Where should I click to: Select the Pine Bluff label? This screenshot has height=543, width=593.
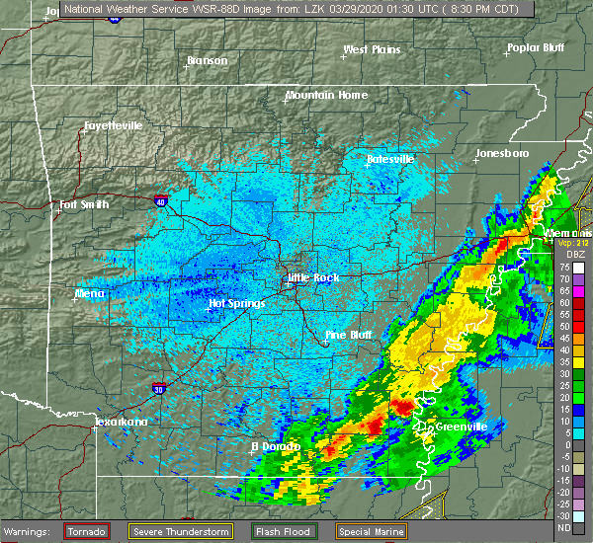pos(349,336)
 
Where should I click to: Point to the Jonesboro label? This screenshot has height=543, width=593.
pos(502,154)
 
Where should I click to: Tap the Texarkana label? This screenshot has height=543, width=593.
pos(120,423)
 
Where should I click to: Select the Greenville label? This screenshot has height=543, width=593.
pos(463,427)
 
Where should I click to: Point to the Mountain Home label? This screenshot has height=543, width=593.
pos(326,96)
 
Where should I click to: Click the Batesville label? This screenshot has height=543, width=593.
pos(390,159)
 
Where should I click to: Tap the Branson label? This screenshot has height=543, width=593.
pos(207,61)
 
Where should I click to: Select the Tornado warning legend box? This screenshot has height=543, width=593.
pos(87,532)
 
